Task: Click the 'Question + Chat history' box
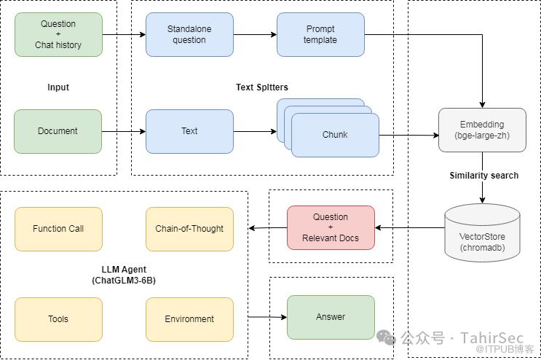pyautogui.click(x=58, y=34)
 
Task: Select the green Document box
pyautogui.click(x=58, y=131)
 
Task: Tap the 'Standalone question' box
pyautogui.click(x=189, y=34)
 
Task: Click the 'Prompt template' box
pyautogui.click(x=320, y=34)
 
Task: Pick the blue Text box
pyautogui.click(x=189, y=131)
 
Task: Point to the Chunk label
pyautogui.click(x=335, y=135)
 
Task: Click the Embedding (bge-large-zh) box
pyautogui.click(x=482, y=130)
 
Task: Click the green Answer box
pyautogui.click(x=331, y=317)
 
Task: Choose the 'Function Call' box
pyautogui.click(x=58, y=229)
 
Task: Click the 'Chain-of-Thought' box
pyautogui.click(x=189, y=229)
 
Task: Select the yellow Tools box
pyautogui.click(x=58, y=318)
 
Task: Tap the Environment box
pyautogui.click(x=189, y=318)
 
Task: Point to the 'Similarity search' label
pyautogui.click(x=484, y=176)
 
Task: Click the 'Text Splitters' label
pyautogui.click(x=262, y=87)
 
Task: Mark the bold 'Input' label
pyautogui.click(x=58, y=87)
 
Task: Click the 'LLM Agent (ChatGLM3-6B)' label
pyautogui.click(x=123, y=275)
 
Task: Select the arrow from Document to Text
pyautogui.click(x=124, y=131)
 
